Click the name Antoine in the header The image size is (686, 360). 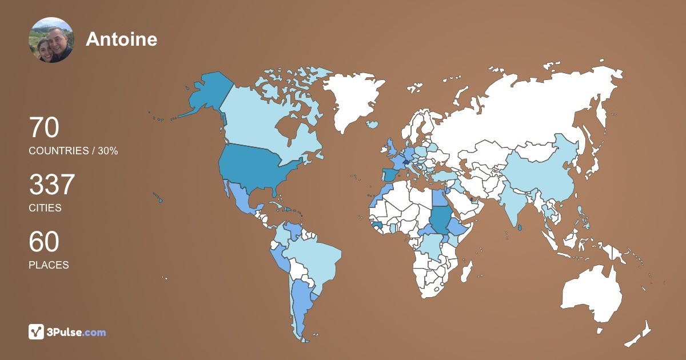click(x=121, y=39)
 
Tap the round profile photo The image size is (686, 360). click(x=51, y=40)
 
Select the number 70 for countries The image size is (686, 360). click(x=44, y=128)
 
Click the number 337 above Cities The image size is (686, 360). click(x=52, y=185)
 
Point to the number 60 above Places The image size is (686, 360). click(x=44, y=242)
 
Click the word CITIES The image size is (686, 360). click(x=45, y=208)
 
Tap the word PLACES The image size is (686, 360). click(x=49, y=265)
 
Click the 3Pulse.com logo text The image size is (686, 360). click(x=76, y=332)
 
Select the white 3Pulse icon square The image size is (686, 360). click(x=37, y=332)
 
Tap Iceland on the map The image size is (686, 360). click(x=373, y=124)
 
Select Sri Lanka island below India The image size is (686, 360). click(x=519, y=227)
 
